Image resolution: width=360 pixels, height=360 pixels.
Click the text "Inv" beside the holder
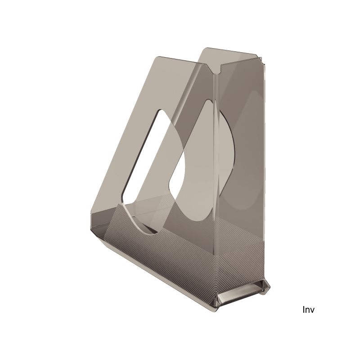point(309,310)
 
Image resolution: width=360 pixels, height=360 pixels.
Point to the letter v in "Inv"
point(312,310)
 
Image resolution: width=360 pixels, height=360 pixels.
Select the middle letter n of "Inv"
point(307,310)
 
